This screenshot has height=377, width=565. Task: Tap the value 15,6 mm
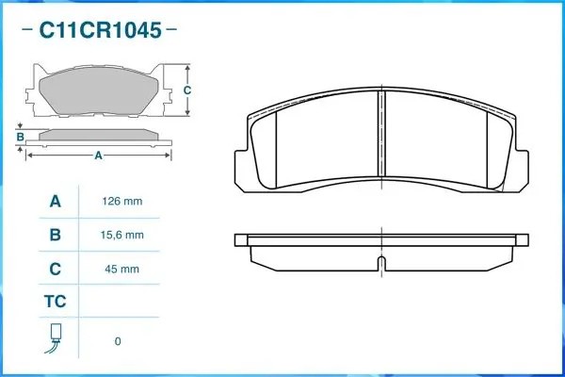pyautogui.click(x=121, y=235)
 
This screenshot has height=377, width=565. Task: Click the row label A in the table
pyautogui.click(x=55, y=202)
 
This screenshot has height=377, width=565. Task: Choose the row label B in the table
pyautogui.click(x=55, y=235)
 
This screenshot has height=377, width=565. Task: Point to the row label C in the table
pyautogui.click(x=55, y=269)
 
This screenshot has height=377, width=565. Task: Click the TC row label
pyautogui.click(x=55, y=303)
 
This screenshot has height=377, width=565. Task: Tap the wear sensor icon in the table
pyautogui.click(x=55, y=338)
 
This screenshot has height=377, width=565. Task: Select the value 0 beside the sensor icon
pyautogui.click(x=118, y=341)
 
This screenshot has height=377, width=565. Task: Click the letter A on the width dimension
pyautogui.click(x=98, y=156)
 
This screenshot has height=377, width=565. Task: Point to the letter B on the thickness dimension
pyautogui.click(x=20, y=138)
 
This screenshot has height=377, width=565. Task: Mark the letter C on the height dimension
pyautogui.click(x=186, y=90)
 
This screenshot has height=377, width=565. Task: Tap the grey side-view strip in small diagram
pyautogui.click(x=99, y=136)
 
